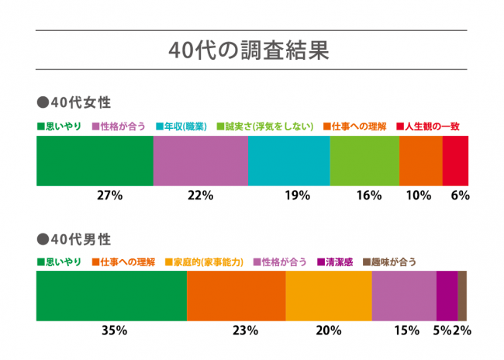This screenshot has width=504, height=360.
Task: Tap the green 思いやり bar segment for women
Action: point(95,161)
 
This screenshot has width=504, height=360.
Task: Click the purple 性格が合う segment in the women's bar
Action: point(200,161)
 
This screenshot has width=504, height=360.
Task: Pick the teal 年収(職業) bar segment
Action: point(288,161)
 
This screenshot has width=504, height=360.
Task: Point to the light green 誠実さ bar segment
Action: point(364,161)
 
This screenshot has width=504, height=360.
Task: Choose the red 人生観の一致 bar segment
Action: point(455,161)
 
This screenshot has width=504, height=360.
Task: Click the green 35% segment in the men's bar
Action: point(112,296)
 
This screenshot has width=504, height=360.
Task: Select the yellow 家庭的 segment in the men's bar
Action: point(329,296)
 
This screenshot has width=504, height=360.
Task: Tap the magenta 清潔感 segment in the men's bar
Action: point(447,296)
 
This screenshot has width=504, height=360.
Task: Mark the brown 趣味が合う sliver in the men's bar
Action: point(462,296)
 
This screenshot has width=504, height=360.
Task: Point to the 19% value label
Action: point(292,196)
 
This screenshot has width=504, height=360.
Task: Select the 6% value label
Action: point(460,196)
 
